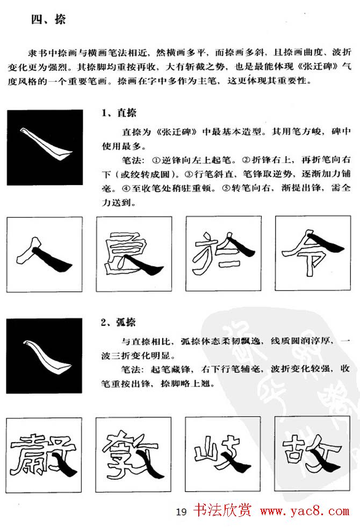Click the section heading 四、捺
pyautogui.click(x=48, y=19)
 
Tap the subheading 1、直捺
pyautogui.click(x=119, y=113)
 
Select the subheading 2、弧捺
pyautogui.click(x=118, y=322)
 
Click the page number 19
pyautogui.click(x=181, y=512)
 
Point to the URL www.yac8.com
pyautogui.click(x=305, y=511)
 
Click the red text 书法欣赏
pyautogui.click(x=222, y=510)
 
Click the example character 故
pyautogui.click(x=312, y=454)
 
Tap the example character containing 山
pyautogui.click(x=222, y=454)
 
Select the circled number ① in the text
pyautogui.click(x=156, y=160)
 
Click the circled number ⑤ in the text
pyautogui.click(x=226, y=188)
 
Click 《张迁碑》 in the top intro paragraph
pyautogui.click(x=317, y=66)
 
